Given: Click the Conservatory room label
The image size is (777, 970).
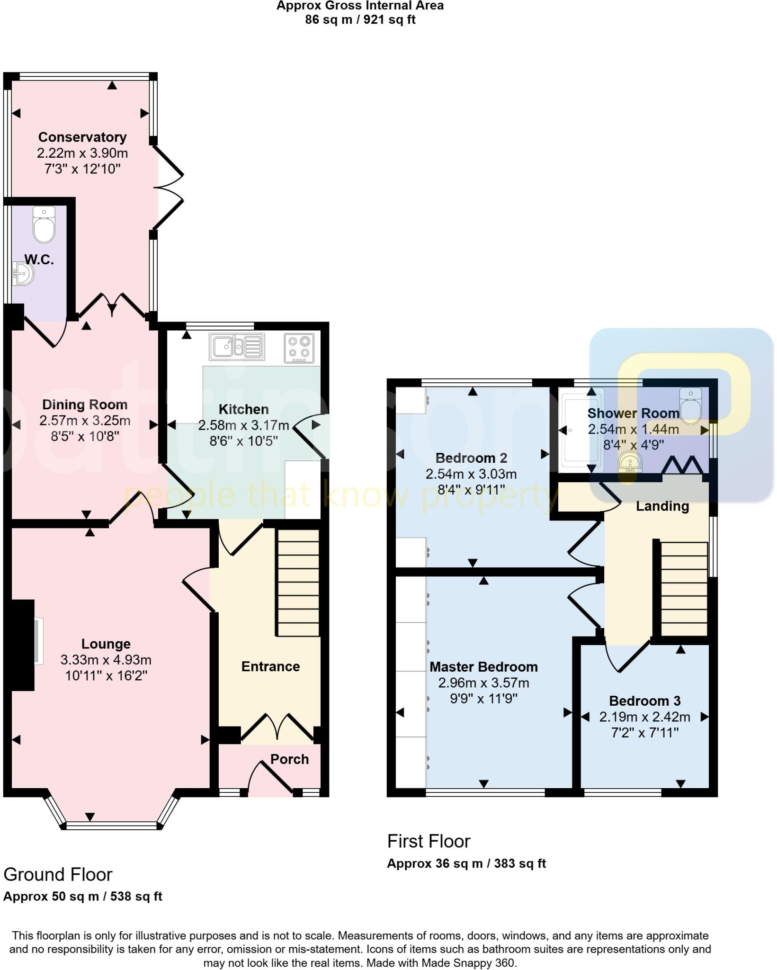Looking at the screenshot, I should (82, 137).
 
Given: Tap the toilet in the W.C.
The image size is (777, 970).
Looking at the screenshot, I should (44, 225).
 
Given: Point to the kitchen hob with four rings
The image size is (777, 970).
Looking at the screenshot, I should (299, 348).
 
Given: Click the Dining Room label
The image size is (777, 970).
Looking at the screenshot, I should (85, 404).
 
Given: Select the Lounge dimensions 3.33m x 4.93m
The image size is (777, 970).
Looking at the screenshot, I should (106, 660).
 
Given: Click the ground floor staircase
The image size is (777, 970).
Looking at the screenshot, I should (298, 582).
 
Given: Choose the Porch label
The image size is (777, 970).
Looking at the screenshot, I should (289, 759).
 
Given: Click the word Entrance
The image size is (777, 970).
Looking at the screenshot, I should (270, 667).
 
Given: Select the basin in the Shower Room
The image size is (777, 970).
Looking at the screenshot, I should (630, 462).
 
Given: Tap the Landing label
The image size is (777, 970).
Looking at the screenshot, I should (662, 506).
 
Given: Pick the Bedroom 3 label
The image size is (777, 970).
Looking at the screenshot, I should (644, 701).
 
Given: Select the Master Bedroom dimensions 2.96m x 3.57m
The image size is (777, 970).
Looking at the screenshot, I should (483, 683).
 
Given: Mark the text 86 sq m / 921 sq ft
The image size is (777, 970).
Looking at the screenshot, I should (360, 20).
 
